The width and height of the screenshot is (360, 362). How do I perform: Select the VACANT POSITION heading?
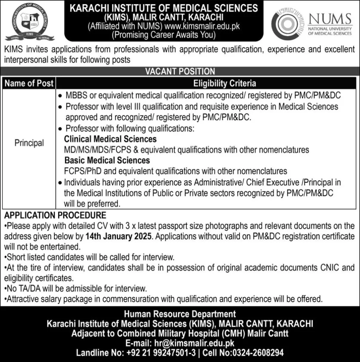tap(180, 71)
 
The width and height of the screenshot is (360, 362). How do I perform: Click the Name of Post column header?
tap(29, 83)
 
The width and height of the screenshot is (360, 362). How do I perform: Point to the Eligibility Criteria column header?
tap(225, 83)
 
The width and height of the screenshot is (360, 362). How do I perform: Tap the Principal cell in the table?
tap(29, 143)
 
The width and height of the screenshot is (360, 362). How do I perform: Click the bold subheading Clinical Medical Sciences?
tap(110, 139)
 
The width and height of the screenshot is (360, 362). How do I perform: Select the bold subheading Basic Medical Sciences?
tap(107, 160)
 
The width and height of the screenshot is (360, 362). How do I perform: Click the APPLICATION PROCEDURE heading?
tap(55, 215)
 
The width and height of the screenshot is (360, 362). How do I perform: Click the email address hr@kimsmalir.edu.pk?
tap(194, 343)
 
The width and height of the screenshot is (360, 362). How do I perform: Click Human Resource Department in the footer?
tap(180, 314)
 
